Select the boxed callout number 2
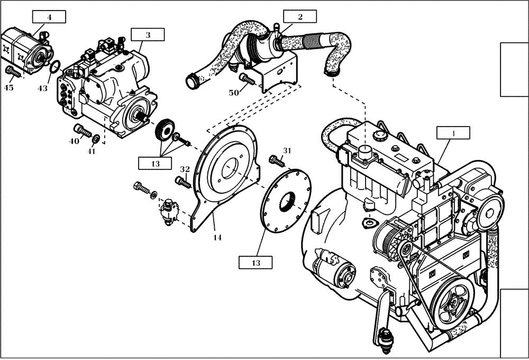tap(300, 16)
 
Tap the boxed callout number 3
tap(148, 35)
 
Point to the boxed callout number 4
tap(49, 17)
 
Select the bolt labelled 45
tap(12, 71)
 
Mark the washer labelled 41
tap(96, 139)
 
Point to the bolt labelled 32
tap(183, 183)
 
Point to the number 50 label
tap(233, 93)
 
